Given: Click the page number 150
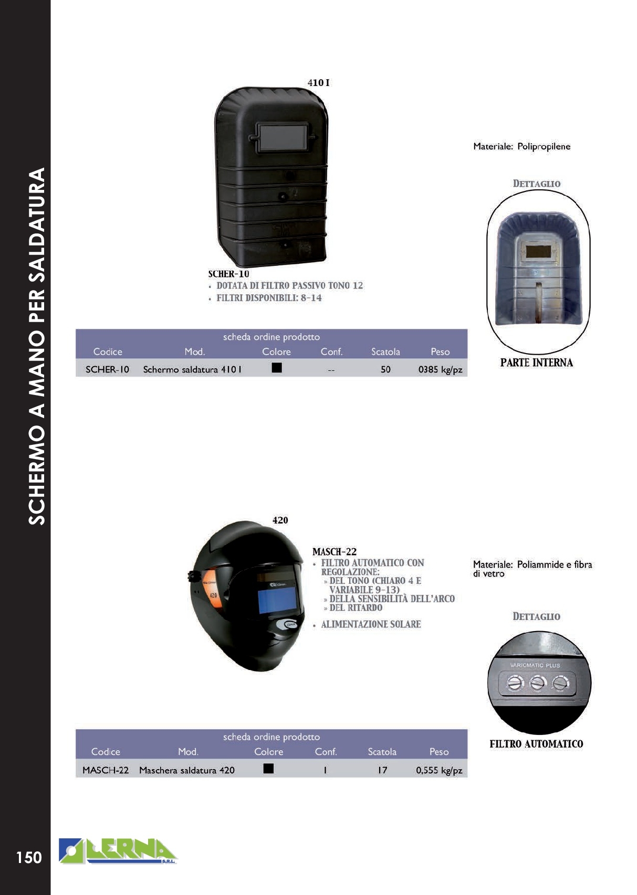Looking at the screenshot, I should pos(29,857).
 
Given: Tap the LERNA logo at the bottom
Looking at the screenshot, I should pos(118,851).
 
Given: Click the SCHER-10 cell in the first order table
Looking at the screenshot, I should pos(107,369).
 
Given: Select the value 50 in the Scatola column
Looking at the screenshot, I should pos(385,369).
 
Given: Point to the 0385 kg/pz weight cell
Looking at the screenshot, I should pos(440,369).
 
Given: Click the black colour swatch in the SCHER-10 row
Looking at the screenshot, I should pos(277,368).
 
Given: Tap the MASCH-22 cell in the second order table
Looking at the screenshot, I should pos(106,770).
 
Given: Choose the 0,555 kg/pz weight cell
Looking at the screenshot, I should pos(439,770).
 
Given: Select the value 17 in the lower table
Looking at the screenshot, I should pos(382,770).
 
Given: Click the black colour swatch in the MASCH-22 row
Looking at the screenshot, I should pos(268,769).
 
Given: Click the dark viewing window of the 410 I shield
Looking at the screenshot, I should pos(282,137).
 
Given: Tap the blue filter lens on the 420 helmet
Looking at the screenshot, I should pos(278,599).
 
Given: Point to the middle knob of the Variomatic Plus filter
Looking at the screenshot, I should pos(538,683).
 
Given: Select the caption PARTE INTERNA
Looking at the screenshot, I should pos(536,363).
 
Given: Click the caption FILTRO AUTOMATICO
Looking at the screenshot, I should pos(536,744).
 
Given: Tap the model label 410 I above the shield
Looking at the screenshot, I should pos(318,83).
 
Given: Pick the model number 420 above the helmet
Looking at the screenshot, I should pos(280,520).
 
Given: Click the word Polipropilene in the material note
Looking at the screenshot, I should pos(544,146).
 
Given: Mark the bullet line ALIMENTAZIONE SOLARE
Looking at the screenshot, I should pos(371,624).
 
